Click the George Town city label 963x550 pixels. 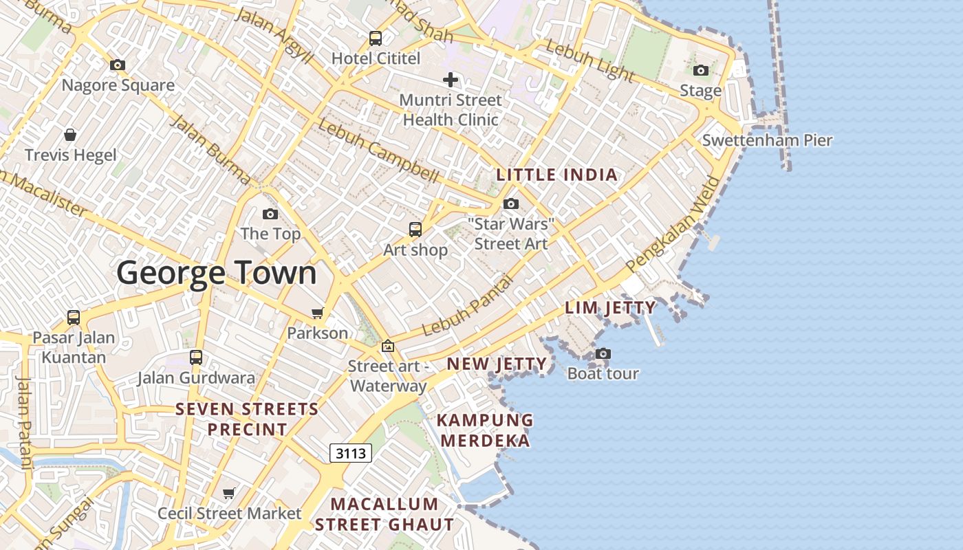point(216,273)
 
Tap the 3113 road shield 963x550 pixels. point(351,453)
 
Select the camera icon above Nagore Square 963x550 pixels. point(118,65)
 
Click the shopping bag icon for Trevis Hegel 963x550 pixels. point(70,134)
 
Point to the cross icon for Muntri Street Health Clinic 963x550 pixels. point(450,80)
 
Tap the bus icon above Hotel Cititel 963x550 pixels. point(375,38)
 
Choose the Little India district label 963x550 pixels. point(557,175)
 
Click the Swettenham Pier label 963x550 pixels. point(767,141)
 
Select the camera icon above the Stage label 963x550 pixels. point(701,70)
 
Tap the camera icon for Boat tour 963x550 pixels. point(603,353)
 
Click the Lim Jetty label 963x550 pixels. point(610,307)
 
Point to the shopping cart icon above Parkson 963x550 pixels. point(317,313)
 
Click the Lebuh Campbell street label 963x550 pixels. point(378,151)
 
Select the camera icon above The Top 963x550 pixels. point(270,214)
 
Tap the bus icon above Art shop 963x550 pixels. point(415,230)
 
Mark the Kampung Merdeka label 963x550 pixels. point(486,430)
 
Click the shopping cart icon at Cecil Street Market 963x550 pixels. point(229,493)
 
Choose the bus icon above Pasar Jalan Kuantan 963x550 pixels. point(74,318)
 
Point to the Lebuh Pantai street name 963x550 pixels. point(468,307)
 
